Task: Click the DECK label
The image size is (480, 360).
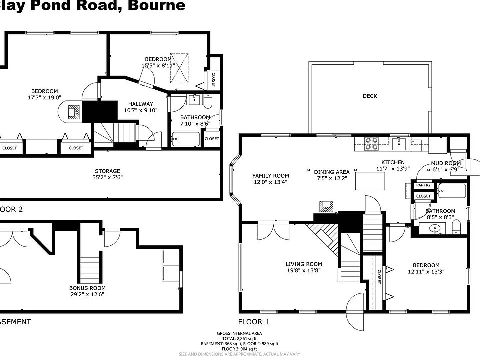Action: coord(370,96)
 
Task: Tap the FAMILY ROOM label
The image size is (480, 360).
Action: coord(271,176)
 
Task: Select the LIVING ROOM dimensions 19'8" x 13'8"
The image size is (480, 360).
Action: coord(304,270)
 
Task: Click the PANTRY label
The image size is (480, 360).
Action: coord(423,186)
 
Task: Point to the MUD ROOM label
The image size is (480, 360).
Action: coord(446,163)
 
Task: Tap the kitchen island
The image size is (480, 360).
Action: coord(370,180)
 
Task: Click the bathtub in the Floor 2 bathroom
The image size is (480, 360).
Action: coord(185,139)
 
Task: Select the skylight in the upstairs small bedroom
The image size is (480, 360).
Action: coord(180,68)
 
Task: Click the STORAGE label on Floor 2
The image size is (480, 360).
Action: coord(106,171)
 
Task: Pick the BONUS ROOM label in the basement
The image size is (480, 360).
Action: coord(87,288)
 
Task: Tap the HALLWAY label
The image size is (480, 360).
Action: coord(140,104)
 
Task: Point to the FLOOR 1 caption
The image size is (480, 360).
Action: coord(253,322)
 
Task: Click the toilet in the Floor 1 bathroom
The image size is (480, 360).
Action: coord(456,229)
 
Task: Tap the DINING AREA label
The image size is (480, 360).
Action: coord(332,172)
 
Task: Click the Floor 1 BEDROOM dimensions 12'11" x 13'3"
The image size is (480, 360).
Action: coord(426,272)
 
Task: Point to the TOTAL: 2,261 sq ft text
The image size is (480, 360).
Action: coord(239,339)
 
